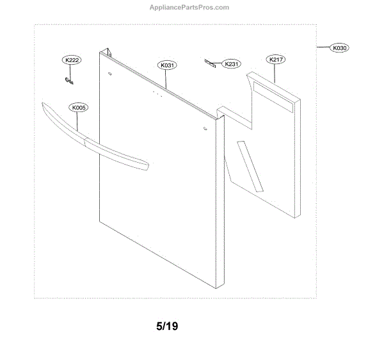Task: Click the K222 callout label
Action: (x=71, y=60)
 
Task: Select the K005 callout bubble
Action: (x=79, y=108)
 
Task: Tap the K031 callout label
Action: (x=167, y=65)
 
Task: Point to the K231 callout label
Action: (x=232, y=64)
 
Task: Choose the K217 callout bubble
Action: (x=276, y=60)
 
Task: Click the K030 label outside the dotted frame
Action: (x=339, y=48)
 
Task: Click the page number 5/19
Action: (x=167, y=326)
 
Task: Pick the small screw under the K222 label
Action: (x=70, y=80)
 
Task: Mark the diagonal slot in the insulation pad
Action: (x=250, y=167)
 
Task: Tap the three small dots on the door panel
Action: (x=155, y=94)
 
